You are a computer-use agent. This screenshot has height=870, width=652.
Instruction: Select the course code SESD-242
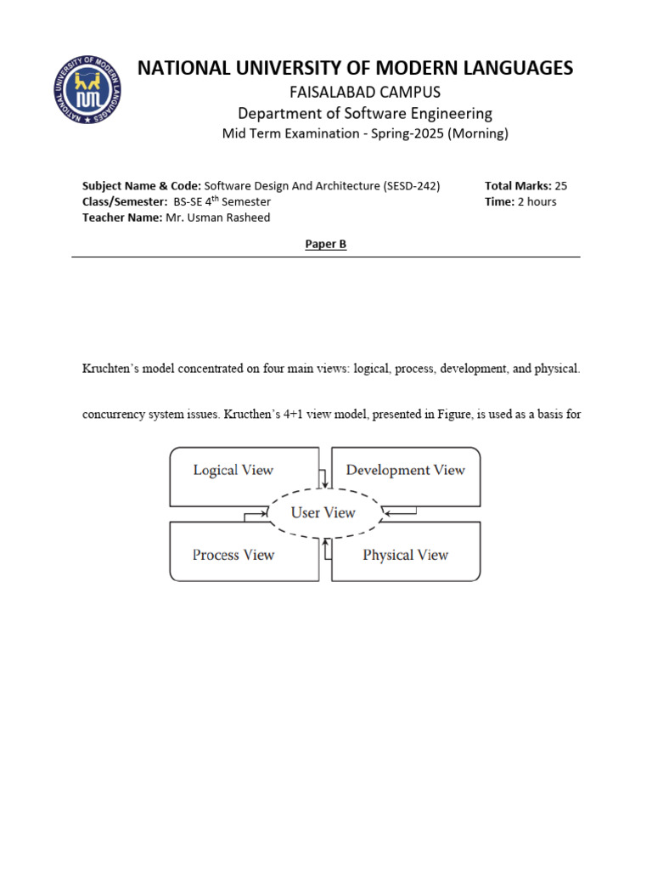pyautogui.click(x=412, y=186)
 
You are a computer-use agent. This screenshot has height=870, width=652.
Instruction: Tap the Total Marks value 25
pyautogui.click(x=560, y=186)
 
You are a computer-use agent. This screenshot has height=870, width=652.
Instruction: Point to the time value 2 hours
pyautogui.click(x=537, y=201)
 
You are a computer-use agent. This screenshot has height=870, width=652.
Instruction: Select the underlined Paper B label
pyautogui.click(x=326, y=244)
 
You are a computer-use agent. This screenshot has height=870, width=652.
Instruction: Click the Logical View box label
pyautogui.click(x=233, y=470)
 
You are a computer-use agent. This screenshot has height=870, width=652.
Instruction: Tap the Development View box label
pyautogui.click(x=405, y=470)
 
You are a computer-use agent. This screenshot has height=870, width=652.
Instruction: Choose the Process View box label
pyautogui.click(x=233, y=555)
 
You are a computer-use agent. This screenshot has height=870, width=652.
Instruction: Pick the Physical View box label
pyautogui.click(x=405, y=555)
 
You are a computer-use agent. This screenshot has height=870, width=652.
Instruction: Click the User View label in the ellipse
pyautogui.click(x=323, y=512)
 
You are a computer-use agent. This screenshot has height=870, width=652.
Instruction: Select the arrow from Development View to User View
pyautogui.click(x=399, y=511)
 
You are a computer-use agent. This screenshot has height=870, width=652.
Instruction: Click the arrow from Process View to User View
pyautogui.click(x=253, y=515)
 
